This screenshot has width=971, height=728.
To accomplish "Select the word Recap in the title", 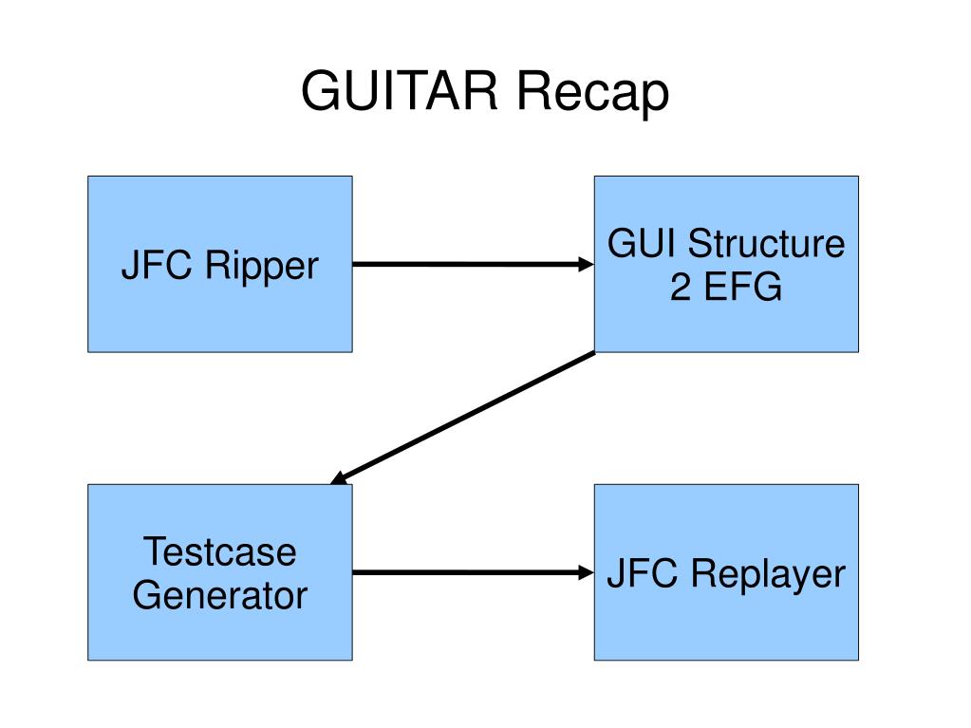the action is [x=592, y=93].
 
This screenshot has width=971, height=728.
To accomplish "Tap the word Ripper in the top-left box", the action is [x=261, y=267].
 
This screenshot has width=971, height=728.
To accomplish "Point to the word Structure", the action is [x=766, y=243].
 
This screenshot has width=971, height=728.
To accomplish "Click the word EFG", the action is [x=743, y=286].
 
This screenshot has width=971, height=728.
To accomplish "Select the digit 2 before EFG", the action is [x=681, y=286].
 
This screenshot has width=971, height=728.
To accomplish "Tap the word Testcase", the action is [x=220, y=551].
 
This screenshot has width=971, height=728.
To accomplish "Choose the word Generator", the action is [x=220, y=595].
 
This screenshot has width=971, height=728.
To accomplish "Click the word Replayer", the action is [x=768, y=575].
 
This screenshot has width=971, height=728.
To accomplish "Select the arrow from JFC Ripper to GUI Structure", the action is [x=473, y=264].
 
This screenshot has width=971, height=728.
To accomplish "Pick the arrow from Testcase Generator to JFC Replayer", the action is [x=473, y=572].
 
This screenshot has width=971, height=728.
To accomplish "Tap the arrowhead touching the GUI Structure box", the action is [x=586, y=264].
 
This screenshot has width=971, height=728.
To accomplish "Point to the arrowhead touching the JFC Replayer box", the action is [x=586, y=572].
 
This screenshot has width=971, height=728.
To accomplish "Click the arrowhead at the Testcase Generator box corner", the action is [x=339, y=478].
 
